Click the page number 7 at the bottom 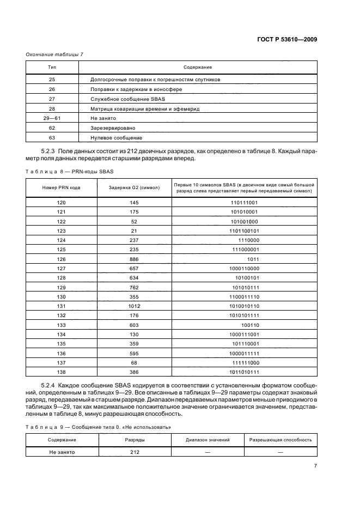click(315, 465)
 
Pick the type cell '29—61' click(52, 118)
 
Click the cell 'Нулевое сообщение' click(116, 138)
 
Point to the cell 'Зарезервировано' click(113, 128)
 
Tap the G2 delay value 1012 click(135, 306)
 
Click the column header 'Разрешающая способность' click(280, 439)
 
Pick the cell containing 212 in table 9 click(135, 452)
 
